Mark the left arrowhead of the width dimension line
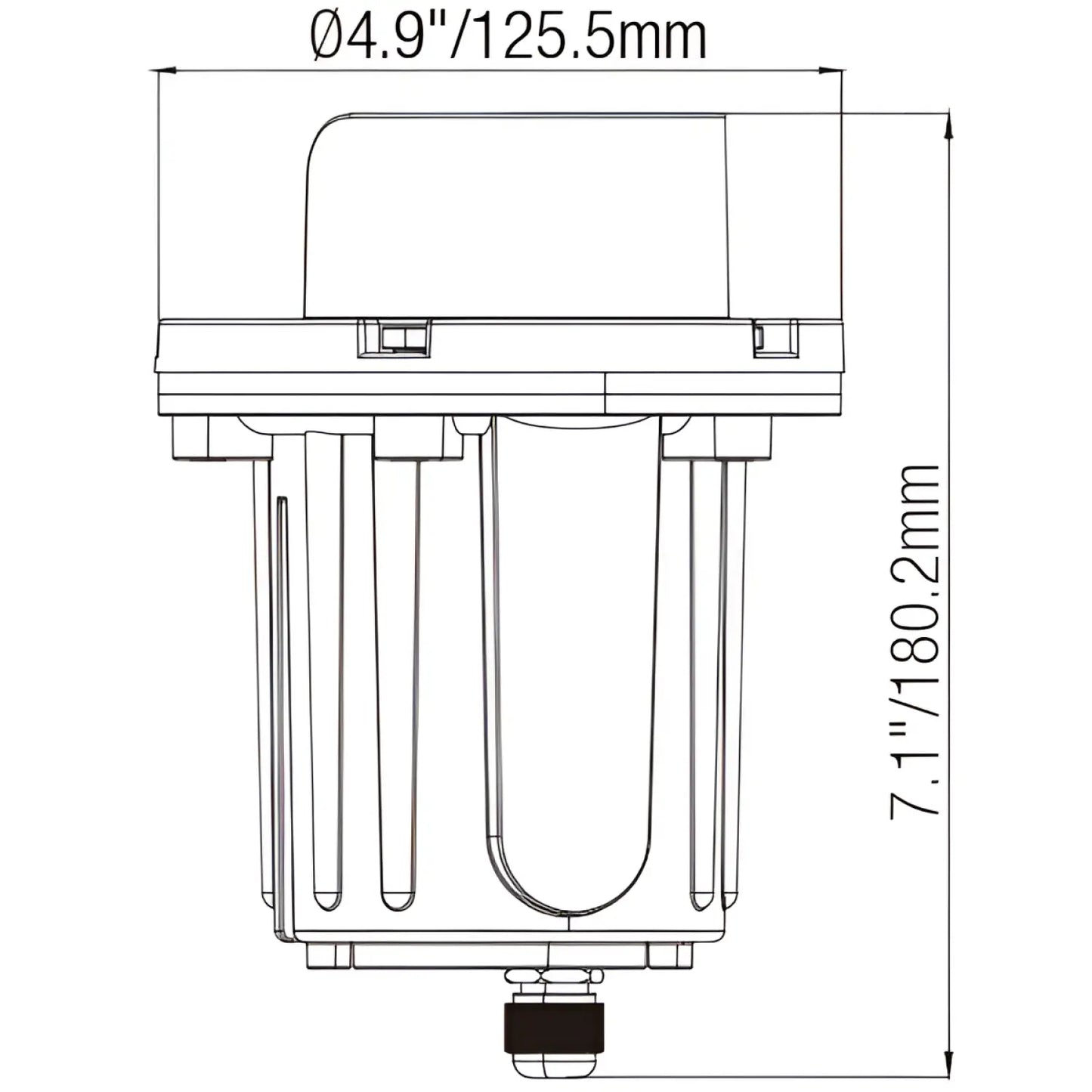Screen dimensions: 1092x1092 (163, 71)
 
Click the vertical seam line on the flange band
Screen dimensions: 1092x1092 (605, 393)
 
